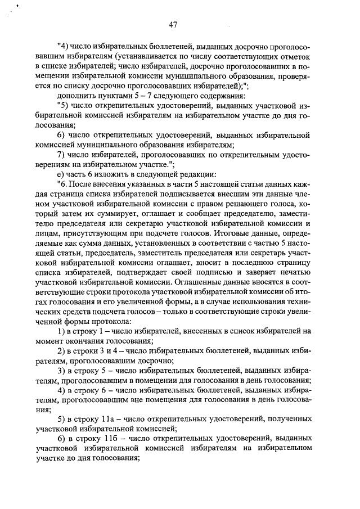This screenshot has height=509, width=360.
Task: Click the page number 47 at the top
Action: [174, 24]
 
